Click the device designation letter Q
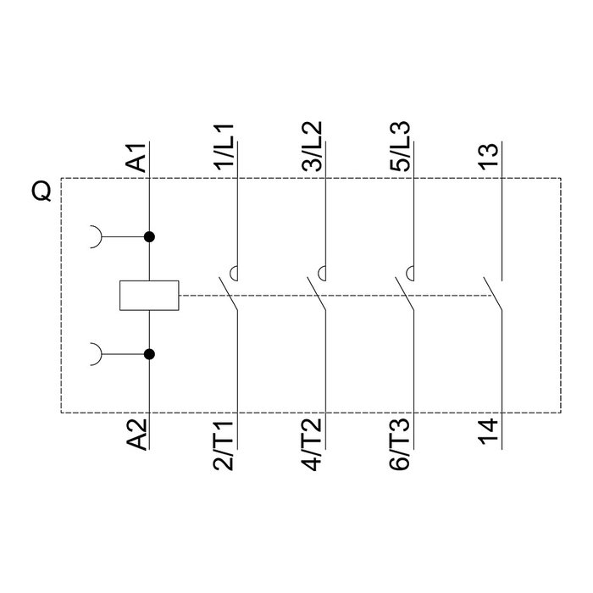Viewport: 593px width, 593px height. click(41, 191)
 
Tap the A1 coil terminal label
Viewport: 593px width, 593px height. click(136, 158)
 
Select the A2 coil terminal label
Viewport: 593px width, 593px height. click(136, 435)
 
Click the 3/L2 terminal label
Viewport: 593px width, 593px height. click(313, 146)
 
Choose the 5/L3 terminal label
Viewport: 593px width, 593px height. click(400, 146)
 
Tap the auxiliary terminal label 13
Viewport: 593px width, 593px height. click(489, 157)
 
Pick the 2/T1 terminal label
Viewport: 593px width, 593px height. click(224, 445)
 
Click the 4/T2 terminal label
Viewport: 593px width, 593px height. click(313, 445)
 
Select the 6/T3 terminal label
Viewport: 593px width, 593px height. click(400, 445)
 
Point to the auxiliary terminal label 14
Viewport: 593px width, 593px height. click(489, 432)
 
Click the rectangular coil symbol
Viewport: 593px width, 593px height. click(149, 296)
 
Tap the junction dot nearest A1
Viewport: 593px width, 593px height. click(149, 237)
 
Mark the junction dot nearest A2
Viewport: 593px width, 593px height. click(149, 354)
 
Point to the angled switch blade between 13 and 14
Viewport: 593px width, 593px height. click(492, 294)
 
